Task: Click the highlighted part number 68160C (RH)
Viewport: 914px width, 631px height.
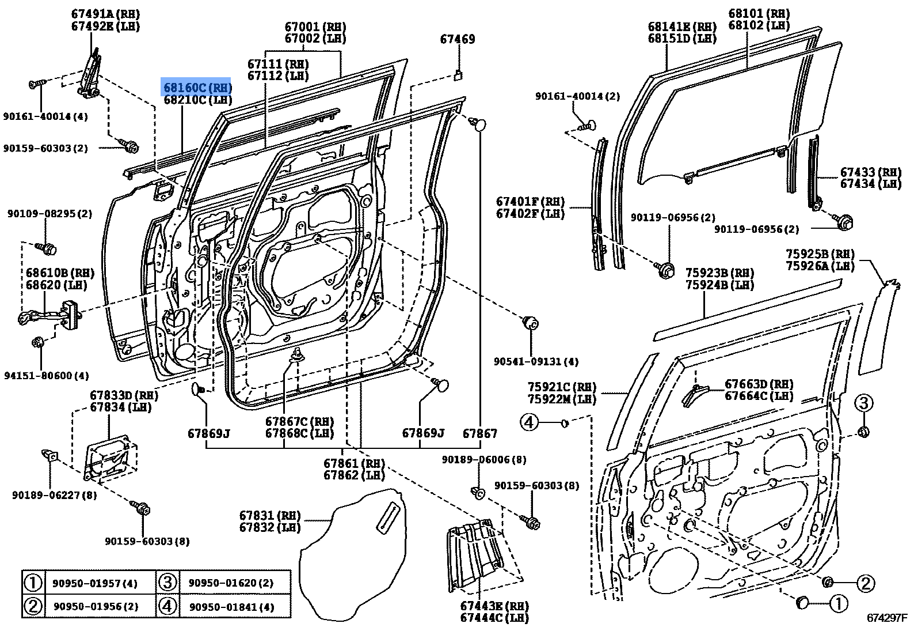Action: point(197,88)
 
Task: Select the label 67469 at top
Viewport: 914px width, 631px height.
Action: point(458,39)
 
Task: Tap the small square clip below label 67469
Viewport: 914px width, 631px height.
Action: point(459,74)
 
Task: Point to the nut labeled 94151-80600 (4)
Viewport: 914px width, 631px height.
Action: point(39,343)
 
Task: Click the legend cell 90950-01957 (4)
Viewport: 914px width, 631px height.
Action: point(96,584)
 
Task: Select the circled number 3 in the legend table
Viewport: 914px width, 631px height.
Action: point(167,583)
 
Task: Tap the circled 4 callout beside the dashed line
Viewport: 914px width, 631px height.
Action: point(529,423)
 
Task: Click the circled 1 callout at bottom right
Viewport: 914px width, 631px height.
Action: point(837,603)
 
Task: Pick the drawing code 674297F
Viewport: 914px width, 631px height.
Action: point(887,618)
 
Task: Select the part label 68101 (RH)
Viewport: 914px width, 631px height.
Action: point(759,13)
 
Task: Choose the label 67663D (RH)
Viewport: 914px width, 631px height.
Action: point(759,384)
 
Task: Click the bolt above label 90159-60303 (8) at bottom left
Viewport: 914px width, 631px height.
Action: point(143,508)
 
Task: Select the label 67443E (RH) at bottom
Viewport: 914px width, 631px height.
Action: point(494,606)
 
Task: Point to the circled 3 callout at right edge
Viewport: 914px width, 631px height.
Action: point(863,403)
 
